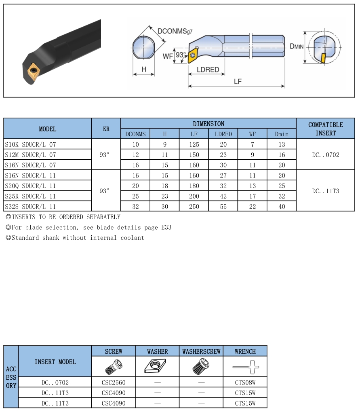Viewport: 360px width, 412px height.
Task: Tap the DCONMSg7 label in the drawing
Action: tap(175, 31)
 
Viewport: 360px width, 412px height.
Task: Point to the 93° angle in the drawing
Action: tap(181, 55)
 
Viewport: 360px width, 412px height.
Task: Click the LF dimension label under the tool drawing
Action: tap(238, 81)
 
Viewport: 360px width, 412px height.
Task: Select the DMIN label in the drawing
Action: tap(297, 46)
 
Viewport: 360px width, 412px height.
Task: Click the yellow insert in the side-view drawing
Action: tap(323, 57)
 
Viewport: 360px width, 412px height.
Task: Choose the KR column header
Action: tap(106, 129)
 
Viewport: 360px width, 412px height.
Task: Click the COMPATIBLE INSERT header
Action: tap(325, 129)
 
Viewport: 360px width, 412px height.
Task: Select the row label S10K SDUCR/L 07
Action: tap(30, 144)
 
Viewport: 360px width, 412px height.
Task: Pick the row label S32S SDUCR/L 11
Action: tap(30, 207)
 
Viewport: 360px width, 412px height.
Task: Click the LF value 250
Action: tap(194, 207)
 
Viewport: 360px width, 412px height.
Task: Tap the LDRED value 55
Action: tap(223, 207)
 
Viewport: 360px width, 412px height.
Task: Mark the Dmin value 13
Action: tap(282, 144)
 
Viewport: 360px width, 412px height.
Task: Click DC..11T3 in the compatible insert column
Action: tap(325, 191)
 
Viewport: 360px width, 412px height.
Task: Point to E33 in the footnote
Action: tap(166, 228)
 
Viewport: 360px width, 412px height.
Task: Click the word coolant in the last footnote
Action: tap(132, 238)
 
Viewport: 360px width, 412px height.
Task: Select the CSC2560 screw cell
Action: tap(113, 382)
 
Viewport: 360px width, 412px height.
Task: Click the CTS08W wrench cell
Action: tap(245, 382)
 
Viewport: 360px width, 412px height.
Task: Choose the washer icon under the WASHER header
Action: tap(157, 367)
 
